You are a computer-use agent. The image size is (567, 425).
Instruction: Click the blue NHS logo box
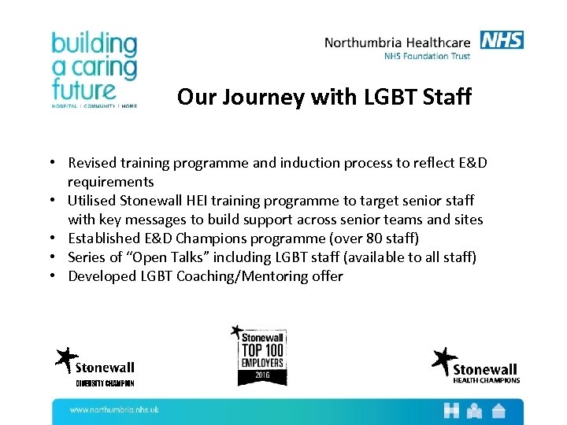coord(502,40)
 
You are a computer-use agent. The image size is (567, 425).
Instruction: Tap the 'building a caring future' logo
coord(94,69)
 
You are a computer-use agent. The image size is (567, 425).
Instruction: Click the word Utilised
coord(93,201)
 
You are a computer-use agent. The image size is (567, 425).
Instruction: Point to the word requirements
coord(110,182)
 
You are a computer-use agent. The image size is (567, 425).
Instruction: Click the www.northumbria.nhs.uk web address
coord(114,410)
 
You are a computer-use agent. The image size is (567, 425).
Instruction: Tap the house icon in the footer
coord(498,410)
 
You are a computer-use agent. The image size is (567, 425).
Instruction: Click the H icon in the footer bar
coord(451,410)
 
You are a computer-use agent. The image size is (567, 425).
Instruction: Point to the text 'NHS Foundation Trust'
coord(427,56)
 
